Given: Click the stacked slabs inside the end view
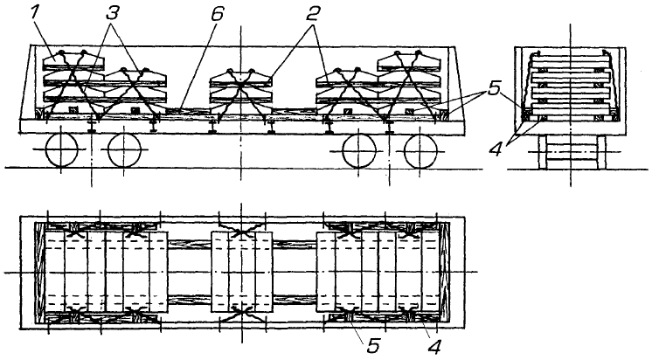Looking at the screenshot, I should [568, 87].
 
